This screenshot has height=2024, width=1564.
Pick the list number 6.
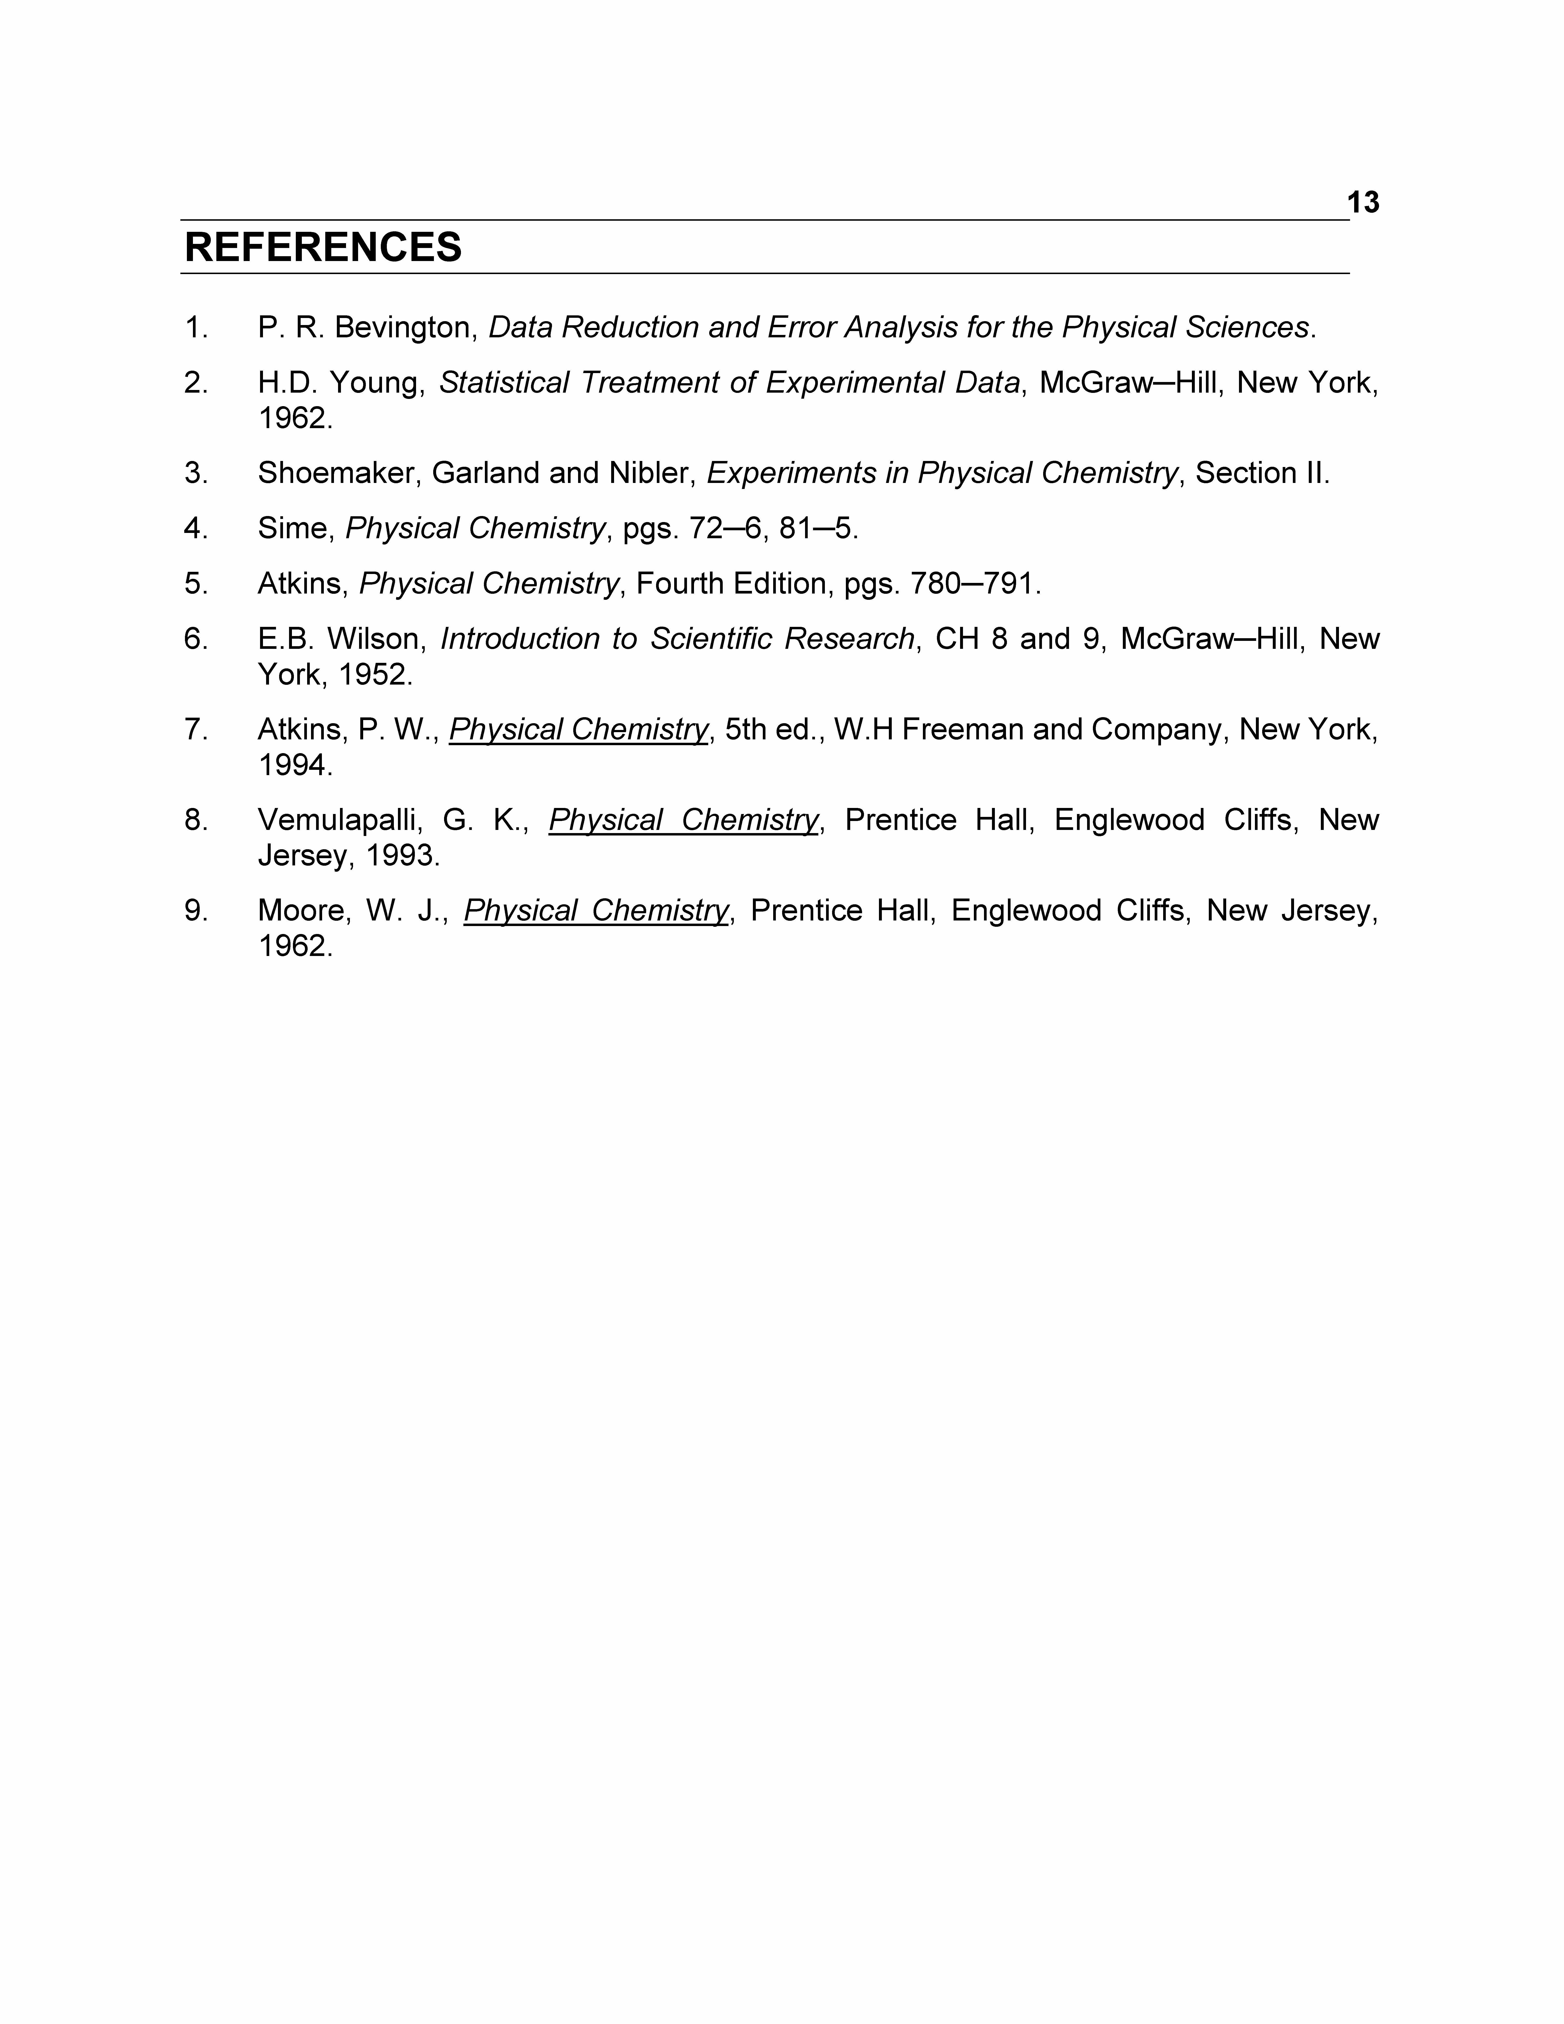click(195, 638)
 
